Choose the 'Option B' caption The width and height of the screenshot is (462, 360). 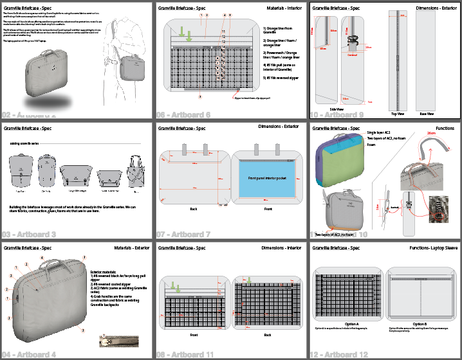420,323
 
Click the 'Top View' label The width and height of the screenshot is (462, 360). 397,113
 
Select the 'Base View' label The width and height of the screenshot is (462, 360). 426,113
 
